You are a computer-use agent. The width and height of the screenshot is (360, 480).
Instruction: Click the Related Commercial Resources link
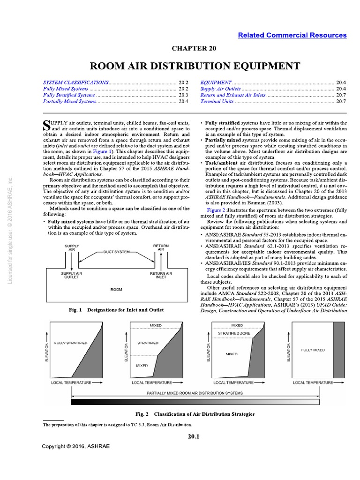[x=292, y=35]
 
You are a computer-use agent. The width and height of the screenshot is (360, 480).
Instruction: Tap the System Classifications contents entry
[x=75, y=82]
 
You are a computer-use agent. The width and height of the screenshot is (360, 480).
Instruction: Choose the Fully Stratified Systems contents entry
[x=69, y=95]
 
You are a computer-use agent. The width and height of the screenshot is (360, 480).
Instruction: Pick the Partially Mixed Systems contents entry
[x=70, y=101]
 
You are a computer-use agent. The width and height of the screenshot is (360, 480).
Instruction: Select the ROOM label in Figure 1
[x=116, y=289]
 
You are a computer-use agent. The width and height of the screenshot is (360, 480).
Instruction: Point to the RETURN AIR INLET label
[x=161, y=275]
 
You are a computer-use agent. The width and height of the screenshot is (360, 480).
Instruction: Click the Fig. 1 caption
[x=109, y=310]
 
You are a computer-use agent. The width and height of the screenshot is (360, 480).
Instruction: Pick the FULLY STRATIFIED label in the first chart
[x=71, y=343]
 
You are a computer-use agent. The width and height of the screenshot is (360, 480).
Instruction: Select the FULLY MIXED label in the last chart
[x=313, y=350]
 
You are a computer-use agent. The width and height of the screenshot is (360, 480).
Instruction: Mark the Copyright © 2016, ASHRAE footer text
[x=75, y=446]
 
